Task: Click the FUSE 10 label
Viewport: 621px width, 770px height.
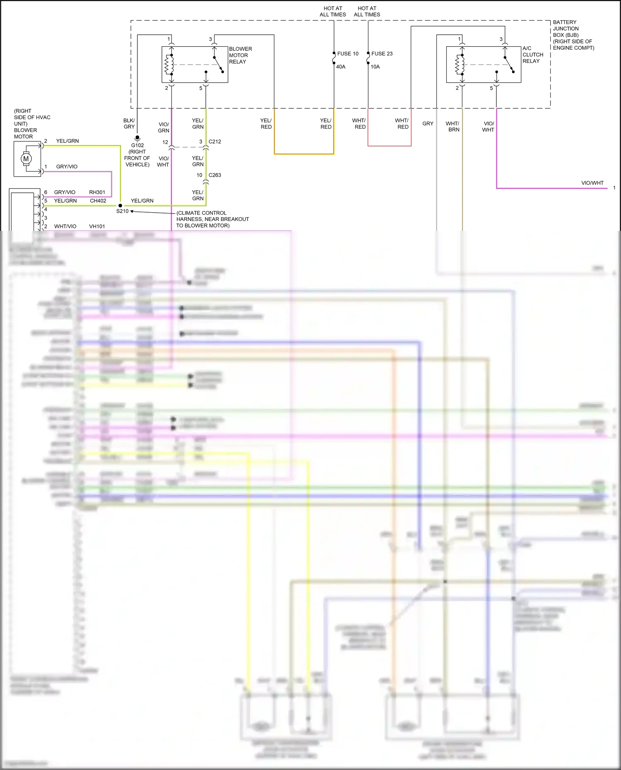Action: [348, 54]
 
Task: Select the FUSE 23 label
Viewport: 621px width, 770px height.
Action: [382, 54]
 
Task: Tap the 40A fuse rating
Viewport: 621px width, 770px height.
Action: [341, 67]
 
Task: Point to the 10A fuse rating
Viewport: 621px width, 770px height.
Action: [375, 67]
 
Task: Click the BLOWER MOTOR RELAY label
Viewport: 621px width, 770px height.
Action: [240, 55]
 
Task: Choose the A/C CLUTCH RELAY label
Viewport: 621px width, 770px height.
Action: [532, 55]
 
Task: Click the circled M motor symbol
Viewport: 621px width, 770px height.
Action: [26, 159]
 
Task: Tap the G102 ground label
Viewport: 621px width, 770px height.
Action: [137, 145]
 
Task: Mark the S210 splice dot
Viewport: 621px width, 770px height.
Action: [120, 206]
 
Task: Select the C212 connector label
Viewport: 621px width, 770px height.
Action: [214, 142]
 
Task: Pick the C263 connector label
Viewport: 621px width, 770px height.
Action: [214, 175]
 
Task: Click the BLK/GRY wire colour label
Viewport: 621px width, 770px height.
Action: [129, 124]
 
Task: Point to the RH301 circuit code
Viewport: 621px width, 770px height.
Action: [97, 192]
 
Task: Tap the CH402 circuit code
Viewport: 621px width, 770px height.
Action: [98, 201]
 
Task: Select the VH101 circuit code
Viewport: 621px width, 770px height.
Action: [97, 226]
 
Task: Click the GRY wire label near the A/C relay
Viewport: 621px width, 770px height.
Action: [428, 124]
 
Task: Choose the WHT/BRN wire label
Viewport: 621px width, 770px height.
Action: [453, 127]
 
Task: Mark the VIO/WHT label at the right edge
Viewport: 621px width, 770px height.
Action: [592, 183]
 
